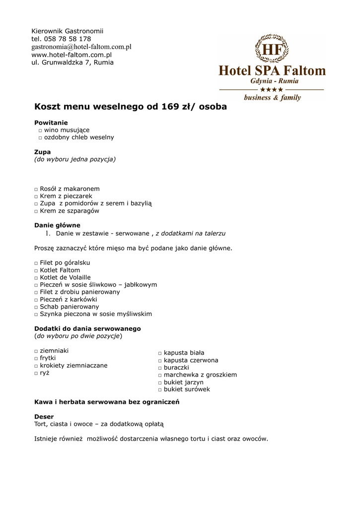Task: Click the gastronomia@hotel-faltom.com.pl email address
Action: click(81, 47)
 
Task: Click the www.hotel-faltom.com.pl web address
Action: click(72, 55)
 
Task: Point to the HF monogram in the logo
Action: click(272, 50)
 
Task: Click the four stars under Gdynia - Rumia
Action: click(272, 89)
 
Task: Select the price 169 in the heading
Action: click(170, 107)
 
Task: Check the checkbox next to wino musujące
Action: click(40, 130)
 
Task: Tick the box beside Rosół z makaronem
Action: click(36, 190)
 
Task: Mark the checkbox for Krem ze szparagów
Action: click(36, 211)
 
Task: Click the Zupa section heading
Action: click(42, 152)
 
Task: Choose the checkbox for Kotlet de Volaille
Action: click(36, 278)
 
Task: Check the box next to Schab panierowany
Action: click(36, 307)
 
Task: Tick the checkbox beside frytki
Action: click(36, 358)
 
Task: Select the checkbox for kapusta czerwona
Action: click(160, 361)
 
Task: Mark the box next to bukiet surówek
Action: click(160, 390)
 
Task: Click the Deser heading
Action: click(44, 417)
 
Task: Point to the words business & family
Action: click(272, 98)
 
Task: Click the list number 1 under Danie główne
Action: click(48, 233)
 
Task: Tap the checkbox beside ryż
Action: click(36, 373)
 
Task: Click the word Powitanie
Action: click(51, 123)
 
